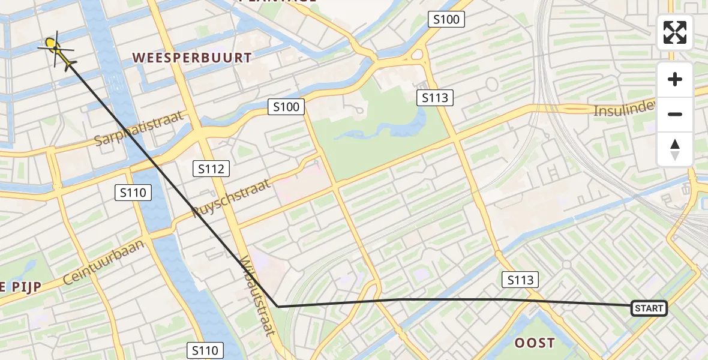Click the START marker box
coord(649,308)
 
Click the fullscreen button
coord(675,32)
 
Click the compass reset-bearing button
coord(675,149)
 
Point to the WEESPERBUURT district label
coord(192,58)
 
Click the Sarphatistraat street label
coord(139,128)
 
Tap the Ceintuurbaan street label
coord(104,262)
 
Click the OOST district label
coord(535,343)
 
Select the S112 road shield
coord(211,169)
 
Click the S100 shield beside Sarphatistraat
coord(286,107)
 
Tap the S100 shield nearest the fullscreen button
coord(446,20)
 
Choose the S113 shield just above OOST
coord(520,279)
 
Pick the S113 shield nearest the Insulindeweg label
coord(435,97)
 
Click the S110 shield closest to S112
coord(133,193)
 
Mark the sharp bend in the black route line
coord(278,307)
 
